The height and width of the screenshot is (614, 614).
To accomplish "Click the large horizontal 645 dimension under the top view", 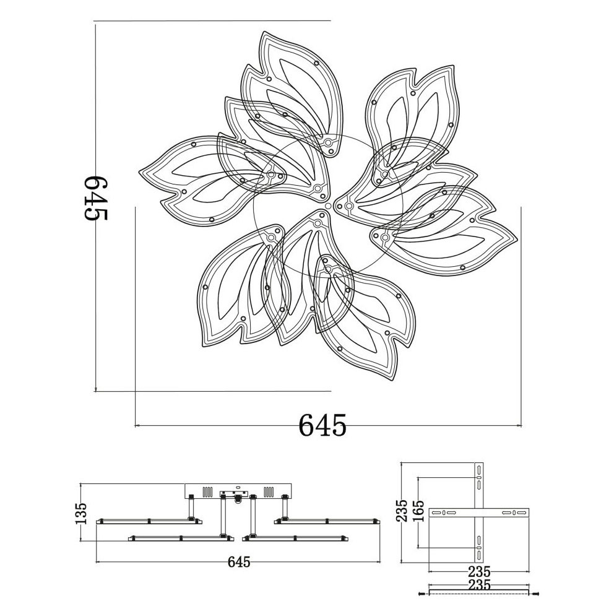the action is point(322,425).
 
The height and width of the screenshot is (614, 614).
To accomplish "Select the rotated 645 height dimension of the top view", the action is point(95,197).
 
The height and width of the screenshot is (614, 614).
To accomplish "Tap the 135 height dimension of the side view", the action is point(81,513).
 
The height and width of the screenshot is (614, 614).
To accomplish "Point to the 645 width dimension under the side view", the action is point(238,562).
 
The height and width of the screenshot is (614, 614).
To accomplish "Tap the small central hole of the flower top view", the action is point(328,205).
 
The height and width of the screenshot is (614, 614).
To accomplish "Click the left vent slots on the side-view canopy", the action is point(207,491).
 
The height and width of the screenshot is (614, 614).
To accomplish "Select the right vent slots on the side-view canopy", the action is point(269,491).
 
